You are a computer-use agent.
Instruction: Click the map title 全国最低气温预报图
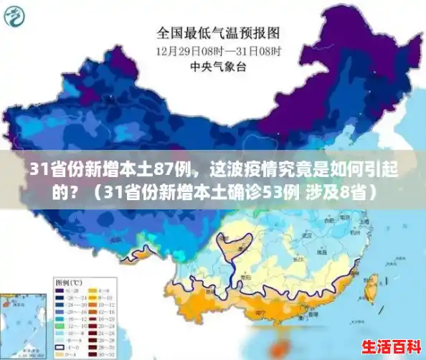[218, 33]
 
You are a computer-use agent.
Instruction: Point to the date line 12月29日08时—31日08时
[218, 52]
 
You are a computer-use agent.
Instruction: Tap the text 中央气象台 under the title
[218, 67]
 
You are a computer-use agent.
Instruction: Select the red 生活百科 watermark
[390, 347]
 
